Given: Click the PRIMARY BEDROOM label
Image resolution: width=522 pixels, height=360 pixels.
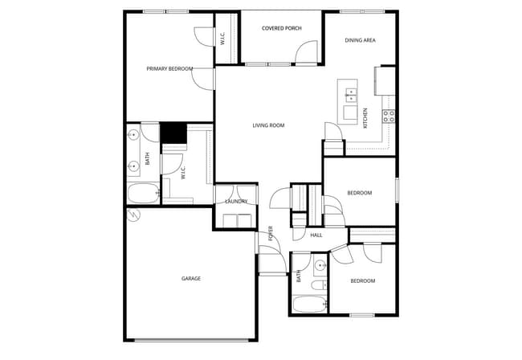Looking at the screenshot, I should coord(169,69).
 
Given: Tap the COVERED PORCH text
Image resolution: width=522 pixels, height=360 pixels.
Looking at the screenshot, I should coord(281,28).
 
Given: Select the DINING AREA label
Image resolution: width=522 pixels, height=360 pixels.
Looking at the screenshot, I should coord(360,40).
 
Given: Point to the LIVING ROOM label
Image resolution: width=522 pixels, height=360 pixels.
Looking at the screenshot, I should coord(268,125).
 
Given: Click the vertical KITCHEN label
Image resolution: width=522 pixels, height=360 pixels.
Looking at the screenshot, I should coord(366,118).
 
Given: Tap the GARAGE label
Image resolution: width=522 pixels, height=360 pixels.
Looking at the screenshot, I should coord(190,279).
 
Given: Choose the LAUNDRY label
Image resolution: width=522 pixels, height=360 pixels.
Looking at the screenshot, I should coord(236,202).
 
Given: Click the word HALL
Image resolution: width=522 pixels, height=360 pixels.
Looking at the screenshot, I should coord(316,235).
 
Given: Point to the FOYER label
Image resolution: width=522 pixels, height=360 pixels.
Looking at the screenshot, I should coord(271,233).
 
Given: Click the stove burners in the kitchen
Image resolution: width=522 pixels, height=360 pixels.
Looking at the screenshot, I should coord(389,115).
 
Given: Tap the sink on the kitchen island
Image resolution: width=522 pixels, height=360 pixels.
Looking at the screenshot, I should coord(351,95).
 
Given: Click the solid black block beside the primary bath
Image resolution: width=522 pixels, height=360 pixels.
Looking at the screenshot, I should coord(173,133).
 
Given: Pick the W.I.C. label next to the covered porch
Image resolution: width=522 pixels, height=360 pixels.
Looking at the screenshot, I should coord(224,38).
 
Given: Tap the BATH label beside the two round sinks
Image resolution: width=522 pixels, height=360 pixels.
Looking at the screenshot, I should coord(147,159).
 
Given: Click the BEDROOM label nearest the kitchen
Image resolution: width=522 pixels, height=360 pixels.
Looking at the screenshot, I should coord(359,193).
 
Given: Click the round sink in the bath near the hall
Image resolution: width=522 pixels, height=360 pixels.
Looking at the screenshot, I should coord(320,264).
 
